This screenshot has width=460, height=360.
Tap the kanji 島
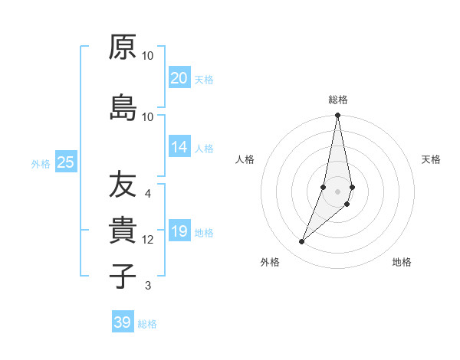[x=123, y=107]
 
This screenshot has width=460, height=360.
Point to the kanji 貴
[x=123, y=231]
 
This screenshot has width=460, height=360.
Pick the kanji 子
[x=123, y=275]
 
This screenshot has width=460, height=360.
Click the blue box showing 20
[x=179, y=78]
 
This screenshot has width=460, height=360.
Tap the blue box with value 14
[x=179, y=147]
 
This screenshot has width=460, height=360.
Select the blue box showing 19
[x=179, y=231]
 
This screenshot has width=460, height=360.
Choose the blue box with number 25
[x=65, y=162]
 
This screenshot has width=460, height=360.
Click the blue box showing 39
[x=123, y=322]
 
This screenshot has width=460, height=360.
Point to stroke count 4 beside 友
[x=147, y=194]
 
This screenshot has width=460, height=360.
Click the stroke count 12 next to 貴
[x=148, y=240]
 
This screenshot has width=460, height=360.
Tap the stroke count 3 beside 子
[x=147, y=286]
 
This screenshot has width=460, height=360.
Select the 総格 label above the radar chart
[x=337, y=100]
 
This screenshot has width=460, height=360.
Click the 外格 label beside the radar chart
[x=269, y=262]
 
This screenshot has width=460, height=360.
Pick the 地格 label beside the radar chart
[x=402, y=262]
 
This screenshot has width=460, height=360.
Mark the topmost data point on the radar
[x=337, y=116]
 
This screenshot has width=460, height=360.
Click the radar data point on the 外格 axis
[x=301, y=242]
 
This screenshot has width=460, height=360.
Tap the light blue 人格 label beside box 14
[x=204, y=148]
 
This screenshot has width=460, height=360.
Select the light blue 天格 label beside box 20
[x=204, y=79]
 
